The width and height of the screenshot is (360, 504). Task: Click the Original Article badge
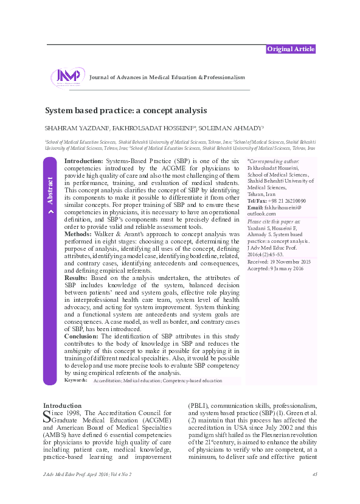[290, 49]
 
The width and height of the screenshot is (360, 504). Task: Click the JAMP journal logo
[67, 77]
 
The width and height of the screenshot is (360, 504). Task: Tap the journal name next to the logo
[167, 78]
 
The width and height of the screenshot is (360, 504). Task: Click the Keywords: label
[75, 380]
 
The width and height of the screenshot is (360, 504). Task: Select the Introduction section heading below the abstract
[62, 405]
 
